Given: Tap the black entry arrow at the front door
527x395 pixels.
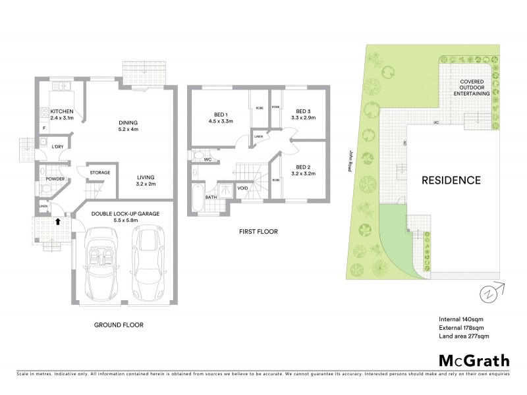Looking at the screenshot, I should click(58, 222).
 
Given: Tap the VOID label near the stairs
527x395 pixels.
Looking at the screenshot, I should click(242, 187).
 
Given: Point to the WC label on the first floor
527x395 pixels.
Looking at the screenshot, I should click(206, 159).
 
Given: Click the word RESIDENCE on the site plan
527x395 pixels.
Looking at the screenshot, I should click(451, 179).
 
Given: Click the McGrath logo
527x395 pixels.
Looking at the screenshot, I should click(474, 360).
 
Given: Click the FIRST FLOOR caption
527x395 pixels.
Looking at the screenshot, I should click(258, 232).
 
